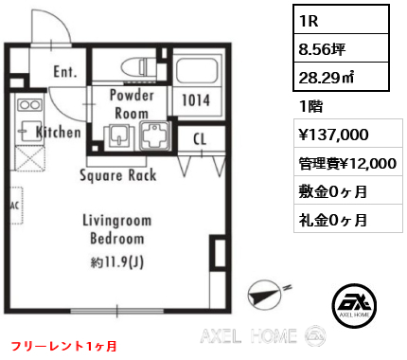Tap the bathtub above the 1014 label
(x=197, y=70)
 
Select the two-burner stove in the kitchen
(x=29, y=104)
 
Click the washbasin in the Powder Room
(x=119, y=135)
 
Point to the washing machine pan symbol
(x=155, y=135)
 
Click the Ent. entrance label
(x=65, y=72)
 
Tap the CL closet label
(x=200, y=138)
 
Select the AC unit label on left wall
(x=15, y=206)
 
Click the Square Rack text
(x=118, y=175)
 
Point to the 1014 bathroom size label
(x=196, y=100)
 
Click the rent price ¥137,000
(x=333, y=135)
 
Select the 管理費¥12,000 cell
(x=348, y=162)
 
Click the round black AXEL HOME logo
(x=354, y=305)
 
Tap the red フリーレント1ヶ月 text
(x=64, y=346)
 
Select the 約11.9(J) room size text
(x=117, y=262)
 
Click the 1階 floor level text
(x=311, y=106)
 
